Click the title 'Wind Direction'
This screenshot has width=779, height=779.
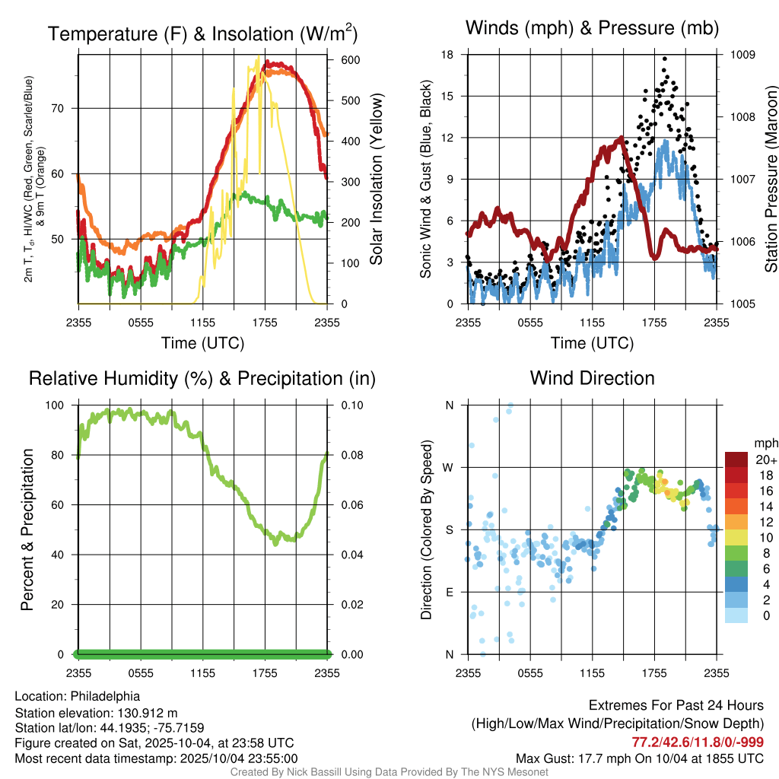pos(592,378)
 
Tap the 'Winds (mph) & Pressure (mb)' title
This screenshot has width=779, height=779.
pos(592,28)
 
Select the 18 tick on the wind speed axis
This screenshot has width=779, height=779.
pos(447,55)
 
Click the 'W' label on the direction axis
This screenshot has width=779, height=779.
pos(449,467)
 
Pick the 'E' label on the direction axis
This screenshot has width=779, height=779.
pos(449,592)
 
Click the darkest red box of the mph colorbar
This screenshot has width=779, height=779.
pos(736,459)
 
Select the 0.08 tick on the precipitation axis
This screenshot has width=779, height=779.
pos(351,455)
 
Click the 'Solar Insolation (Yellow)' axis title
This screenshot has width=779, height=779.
pos(377,179)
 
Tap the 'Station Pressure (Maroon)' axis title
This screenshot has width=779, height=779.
pos(771,179)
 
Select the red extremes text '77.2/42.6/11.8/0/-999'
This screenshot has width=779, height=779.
pos(698,742)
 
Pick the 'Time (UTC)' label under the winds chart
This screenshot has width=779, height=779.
pos(592,343)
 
